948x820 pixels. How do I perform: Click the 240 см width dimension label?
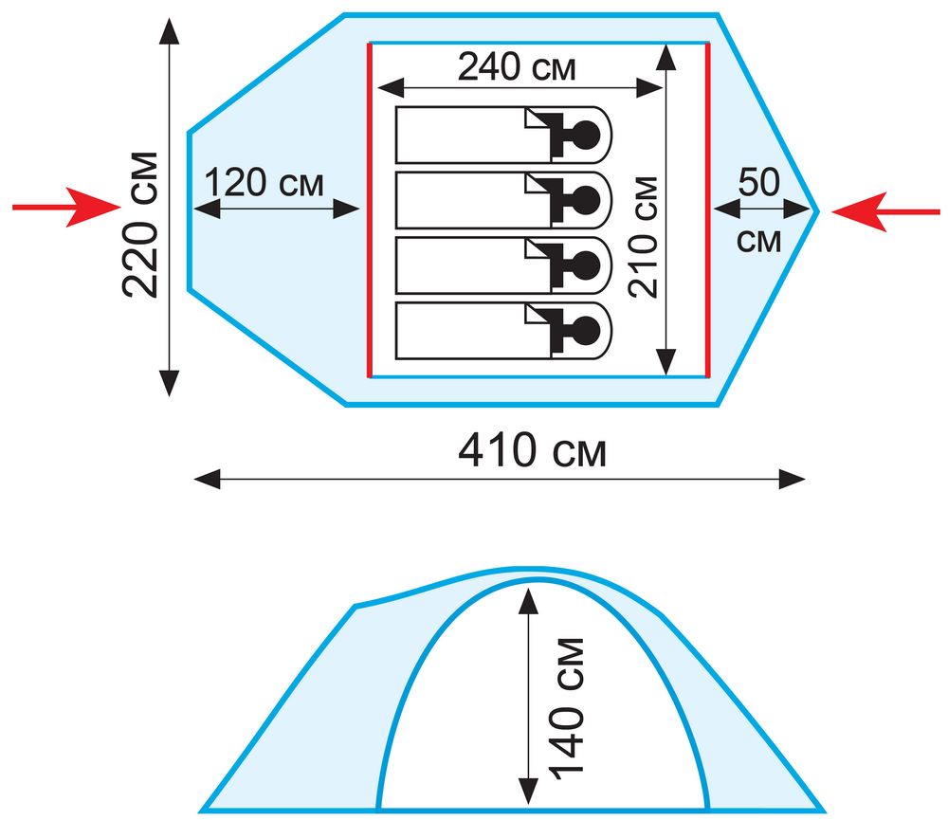point(517,66)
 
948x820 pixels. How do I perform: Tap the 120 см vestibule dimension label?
point(264,182)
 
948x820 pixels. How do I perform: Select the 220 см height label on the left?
point(140,225)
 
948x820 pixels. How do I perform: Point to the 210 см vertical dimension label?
point(643,237)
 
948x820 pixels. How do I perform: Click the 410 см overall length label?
point(532,450)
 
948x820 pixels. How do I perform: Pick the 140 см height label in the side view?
point(567,707)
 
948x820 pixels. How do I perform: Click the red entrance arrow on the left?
point(66,207)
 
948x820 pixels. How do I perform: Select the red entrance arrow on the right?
point(885,211)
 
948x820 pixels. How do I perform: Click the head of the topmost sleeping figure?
point(586,135)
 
